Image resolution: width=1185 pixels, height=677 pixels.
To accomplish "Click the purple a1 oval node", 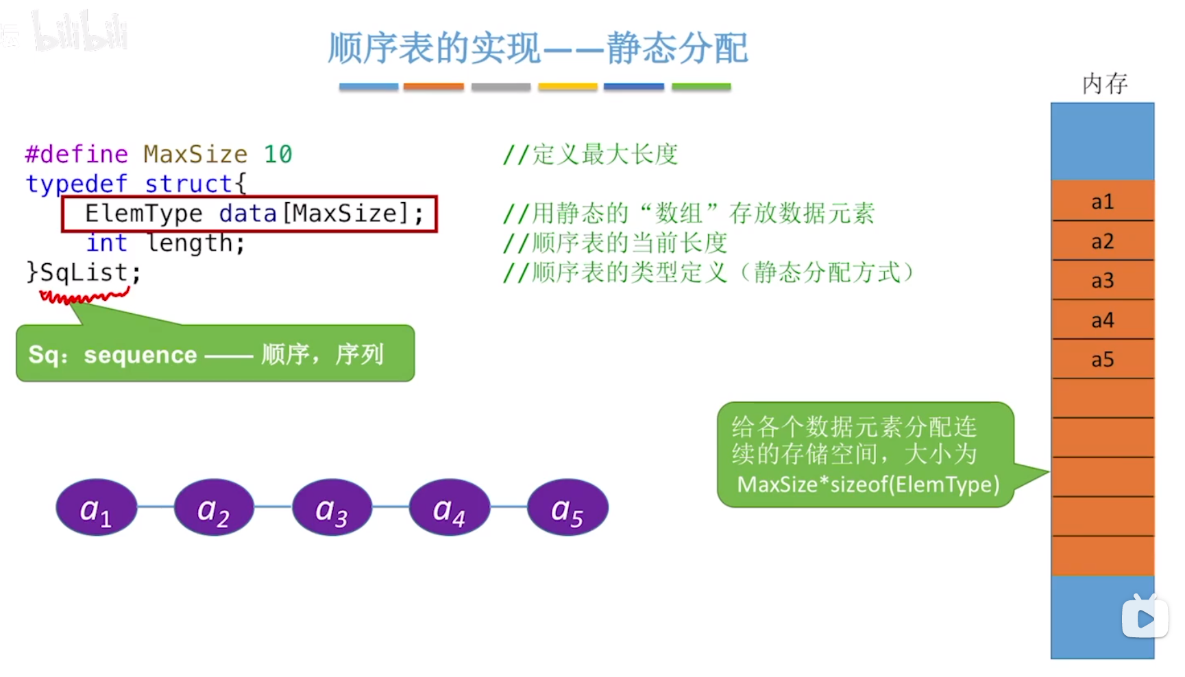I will point(96,508).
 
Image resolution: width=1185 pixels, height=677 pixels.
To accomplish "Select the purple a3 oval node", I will point(332,508).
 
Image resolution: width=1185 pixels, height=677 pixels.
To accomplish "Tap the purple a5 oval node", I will point(567,508).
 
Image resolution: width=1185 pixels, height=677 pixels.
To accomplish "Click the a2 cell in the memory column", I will point(1102,241).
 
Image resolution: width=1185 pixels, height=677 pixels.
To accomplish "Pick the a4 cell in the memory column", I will point(1102,320).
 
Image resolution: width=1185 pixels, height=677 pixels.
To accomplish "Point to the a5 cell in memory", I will point(1102,360).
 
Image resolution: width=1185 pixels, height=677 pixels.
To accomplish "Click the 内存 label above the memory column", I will point(1105,84).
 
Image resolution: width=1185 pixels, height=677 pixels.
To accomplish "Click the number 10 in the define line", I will point(278,154).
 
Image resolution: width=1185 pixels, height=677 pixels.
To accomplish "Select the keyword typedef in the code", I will point(76,184).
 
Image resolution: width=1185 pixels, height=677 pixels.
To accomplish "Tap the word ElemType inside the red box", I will point(143,214).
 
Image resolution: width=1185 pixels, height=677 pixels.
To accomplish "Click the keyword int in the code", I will point(106,243).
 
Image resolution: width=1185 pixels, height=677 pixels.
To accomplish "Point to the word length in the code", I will point(195,243).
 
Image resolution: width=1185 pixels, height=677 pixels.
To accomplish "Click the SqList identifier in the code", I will point(84,273).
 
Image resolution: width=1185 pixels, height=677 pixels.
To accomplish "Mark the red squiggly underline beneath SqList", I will point(84,296).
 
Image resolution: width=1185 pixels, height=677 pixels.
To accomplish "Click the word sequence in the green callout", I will point(141,355).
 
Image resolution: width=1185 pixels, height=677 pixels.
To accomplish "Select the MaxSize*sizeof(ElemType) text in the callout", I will point(868,484).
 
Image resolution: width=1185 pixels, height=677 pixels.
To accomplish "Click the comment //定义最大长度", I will point(590,154).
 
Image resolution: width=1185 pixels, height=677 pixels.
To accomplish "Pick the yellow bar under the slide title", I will point(567,87).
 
